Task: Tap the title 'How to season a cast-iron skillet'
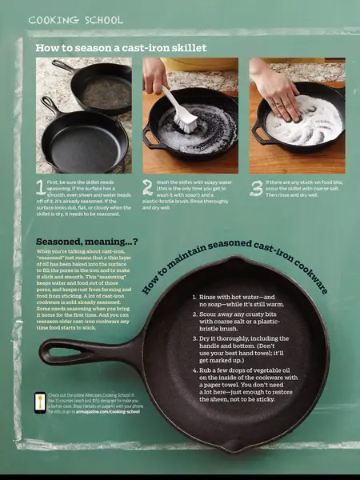121,48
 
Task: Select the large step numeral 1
41,189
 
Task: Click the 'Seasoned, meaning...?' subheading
86,241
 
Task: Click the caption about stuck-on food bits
304,189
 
